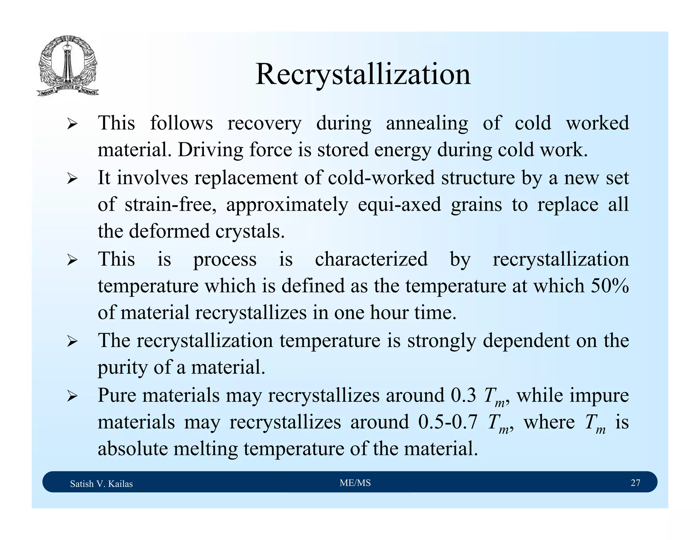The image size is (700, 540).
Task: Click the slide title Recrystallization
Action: (363, 74)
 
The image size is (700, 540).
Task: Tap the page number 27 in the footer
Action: (635, 483)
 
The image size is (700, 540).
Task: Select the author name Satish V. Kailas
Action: (101, 484)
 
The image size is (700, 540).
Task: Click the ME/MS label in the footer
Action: (355, 483)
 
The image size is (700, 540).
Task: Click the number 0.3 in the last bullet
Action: (463, 395)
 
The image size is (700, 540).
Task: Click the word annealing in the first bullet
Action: (427, 124)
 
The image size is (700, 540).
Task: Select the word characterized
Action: (371, 259)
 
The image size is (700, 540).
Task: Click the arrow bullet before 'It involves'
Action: (72, 178)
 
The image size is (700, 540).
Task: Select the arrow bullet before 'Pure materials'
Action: (72, 396)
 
